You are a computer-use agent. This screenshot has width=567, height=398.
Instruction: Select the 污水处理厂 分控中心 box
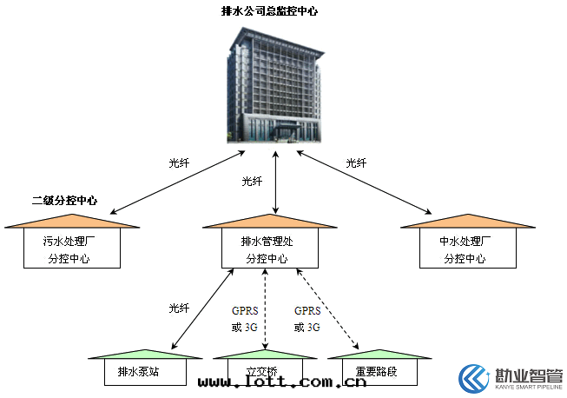[70, 249]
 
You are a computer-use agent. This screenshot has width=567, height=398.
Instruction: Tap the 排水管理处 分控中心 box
[269, 249]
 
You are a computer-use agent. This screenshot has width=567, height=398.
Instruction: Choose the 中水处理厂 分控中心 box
[466, 249]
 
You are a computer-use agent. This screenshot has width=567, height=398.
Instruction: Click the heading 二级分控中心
[64, 201]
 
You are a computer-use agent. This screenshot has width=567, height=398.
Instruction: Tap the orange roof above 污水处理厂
[71, 222]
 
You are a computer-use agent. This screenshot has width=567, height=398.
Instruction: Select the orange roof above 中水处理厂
[466, 222]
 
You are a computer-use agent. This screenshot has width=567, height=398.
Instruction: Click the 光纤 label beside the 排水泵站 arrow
[179, 308]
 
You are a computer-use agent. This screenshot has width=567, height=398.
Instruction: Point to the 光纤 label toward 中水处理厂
[356, 163]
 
